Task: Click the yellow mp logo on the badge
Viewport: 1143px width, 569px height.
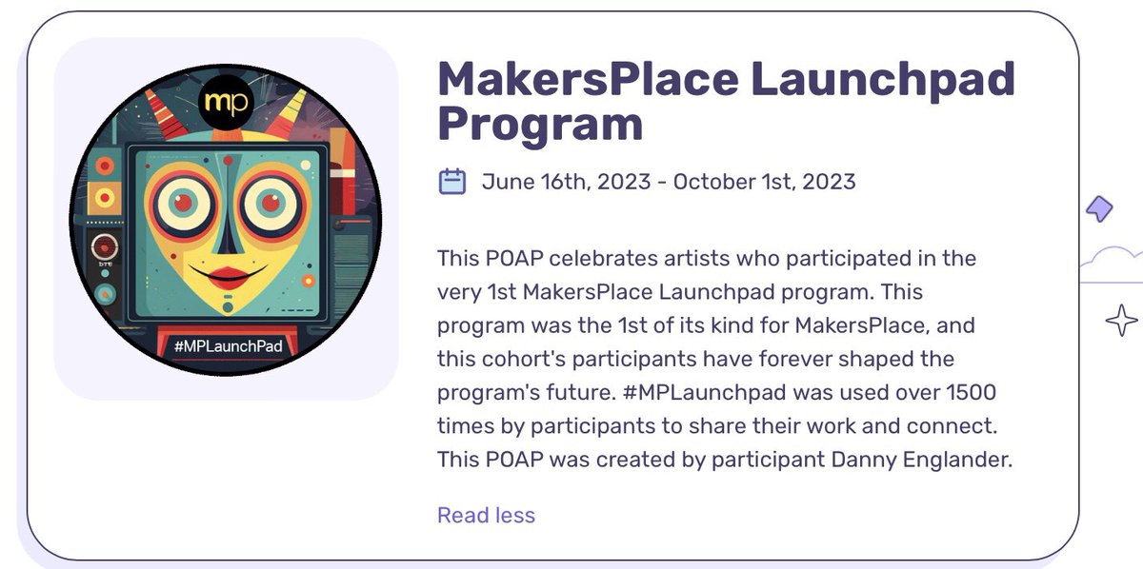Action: [226, 103]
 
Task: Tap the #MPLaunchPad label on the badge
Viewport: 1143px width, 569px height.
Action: [229, 346]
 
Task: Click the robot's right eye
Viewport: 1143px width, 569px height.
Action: [271, 202]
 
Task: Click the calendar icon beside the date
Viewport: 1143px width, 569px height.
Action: [451, 181]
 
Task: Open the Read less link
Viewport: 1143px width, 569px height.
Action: [486, 516]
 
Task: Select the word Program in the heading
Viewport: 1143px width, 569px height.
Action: [540, 125]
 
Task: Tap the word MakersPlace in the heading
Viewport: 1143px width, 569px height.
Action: [586, 79]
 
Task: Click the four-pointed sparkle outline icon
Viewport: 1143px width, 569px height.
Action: [1121, 321]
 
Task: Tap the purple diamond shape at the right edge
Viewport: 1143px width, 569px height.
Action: [1100, 208]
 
